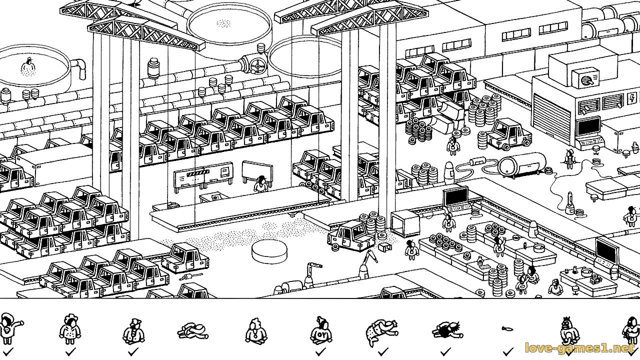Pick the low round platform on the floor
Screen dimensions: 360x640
tap(270, 250)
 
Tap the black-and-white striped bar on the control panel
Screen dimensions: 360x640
tap(196, 173)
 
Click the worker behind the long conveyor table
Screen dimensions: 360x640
tap(260, 185)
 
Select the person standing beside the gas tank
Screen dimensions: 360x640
tap(569, 157)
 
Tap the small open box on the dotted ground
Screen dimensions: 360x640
tap(384, 246)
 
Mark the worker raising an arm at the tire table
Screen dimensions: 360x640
tap(498, 245)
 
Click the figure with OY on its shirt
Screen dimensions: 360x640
tap(321, 331)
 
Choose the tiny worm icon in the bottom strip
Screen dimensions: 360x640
tap(506, 329)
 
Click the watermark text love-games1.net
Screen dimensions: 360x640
tap(579, 348)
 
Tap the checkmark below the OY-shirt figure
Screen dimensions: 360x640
tap(320, 352)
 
